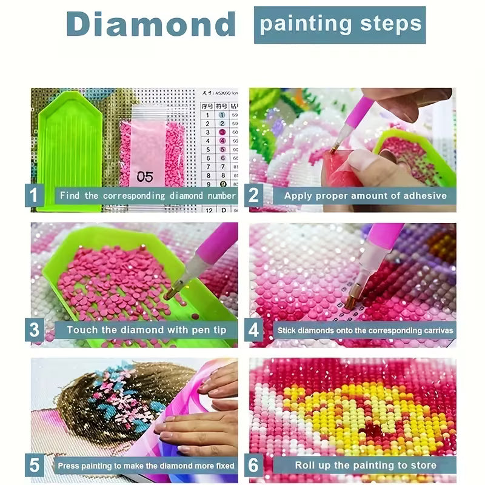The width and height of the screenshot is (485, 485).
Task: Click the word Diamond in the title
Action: [150, 25]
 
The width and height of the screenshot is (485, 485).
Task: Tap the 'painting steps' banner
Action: [339, 24]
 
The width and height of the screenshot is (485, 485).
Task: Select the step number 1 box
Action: [35, 195]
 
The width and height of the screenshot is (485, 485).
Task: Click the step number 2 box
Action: [254, 195]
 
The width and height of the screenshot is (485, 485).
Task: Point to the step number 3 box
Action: [35, 330]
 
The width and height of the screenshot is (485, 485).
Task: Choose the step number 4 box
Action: [254, 330]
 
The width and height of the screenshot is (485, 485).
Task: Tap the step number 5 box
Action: [35, 466]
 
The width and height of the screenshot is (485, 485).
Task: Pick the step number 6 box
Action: [254, 466]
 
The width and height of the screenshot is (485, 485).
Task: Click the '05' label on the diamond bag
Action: [145, 178]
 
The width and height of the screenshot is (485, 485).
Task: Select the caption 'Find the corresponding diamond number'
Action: [145, 195]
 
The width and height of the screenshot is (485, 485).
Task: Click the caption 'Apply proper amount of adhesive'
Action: [365, 195]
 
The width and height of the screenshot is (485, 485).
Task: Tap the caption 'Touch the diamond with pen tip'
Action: [145, 330]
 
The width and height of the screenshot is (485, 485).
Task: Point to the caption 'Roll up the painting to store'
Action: [365, 466]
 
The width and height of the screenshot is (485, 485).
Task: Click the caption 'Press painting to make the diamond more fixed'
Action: [145, 466]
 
